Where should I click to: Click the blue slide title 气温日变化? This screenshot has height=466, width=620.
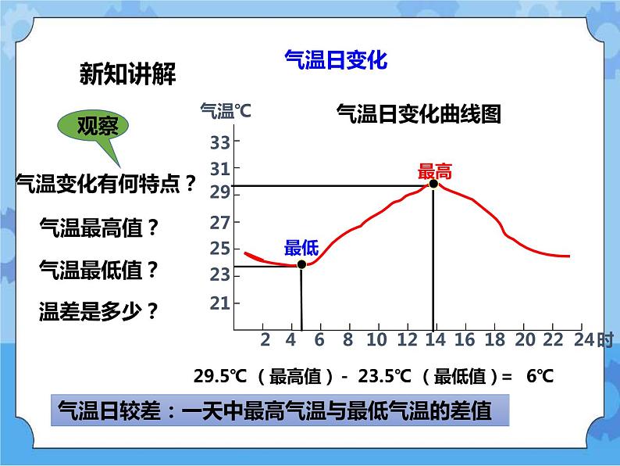tap(337, 60)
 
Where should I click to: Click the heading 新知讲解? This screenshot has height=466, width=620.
tap(128, 74)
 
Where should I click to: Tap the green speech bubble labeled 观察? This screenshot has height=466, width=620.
tap(98, 127)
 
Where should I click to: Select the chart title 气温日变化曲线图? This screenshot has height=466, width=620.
tap(417, 114)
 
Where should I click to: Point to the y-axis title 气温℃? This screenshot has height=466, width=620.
tap(226, 112)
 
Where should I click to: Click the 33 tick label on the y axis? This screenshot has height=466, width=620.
tap(220, 142)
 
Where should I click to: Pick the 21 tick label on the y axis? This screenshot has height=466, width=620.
tap(220, 303)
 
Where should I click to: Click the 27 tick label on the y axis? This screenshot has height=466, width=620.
tap(220, 223)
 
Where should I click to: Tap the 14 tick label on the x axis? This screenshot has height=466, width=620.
tap(433, 339)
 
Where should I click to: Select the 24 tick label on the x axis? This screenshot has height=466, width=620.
tap(583, 339)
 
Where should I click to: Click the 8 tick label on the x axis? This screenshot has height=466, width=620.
tap(348, 339)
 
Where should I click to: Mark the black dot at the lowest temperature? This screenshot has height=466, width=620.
tap(301, 264)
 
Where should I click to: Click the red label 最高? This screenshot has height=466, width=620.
tap(435, 173)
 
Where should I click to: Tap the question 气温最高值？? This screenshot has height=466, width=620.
tap(99, 228)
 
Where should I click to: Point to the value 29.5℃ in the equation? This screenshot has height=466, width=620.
tap(220, 376)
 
